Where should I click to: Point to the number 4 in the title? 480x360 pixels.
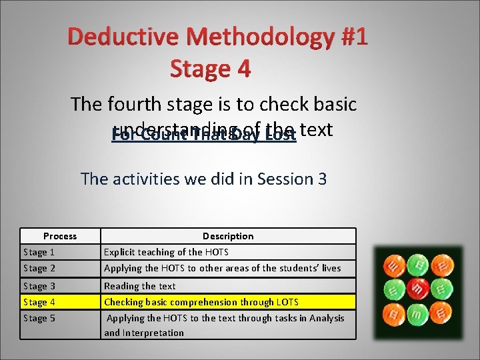click(x=243, y=68)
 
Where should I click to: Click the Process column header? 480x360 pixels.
click(x=60, y=236)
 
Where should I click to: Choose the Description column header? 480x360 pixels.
click(x=228, y=236)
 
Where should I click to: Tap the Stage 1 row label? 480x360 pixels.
click(x=39, y=252)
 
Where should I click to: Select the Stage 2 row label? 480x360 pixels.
click(x=39, y=268)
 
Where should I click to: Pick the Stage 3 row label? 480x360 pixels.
click(x=39, y=286)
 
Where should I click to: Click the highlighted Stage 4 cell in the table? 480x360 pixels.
click(x=39, y=302)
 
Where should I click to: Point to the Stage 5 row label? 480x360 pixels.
click(x=39, y=318)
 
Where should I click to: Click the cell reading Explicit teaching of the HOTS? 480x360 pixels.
click(x=166, y=252)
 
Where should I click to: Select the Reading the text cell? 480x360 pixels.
click(x=140, y=286)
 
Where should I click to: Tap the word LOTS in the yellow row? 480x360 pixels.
click(x=287, y=302)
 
